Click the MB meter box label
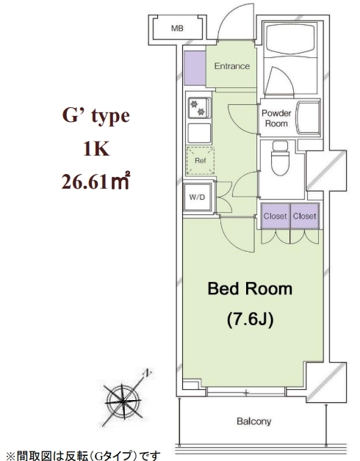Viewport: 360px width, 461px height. (177, 28)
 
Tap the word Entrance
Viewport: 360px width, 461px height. (232, 66)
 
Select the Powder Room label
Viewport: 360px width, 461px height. (276, 118)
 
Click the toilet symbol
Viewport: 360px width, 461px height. (280, 158)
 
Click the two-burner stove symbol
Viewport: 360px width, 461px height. (199, 108)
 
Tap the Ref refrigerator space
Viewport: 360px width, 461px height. (200, 161)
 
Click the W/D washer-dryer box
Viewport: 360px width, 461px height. (197, 197)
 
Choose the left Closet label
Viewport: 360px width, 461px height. (275, 216)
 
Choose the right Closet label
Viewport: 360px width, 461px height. (304, 216)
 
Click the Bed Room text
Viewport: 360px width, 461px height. (250, 288)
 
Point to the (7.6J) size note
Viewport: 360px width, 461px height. (251, 319)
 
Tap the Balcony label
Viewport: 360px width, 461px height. (253, 421)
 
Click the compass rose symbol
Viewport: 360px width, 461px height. (123, 401)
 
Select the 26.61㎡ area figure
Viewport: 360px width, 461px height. (96, 181)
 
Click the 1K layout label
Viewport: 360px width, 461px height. (96, 149)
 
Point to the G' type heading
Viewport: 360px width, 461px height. (96, 116)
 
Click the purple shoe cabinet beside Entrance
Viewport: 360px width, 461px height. (195, 68)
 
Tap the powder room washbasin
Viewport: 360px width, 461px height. (308, 117)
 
